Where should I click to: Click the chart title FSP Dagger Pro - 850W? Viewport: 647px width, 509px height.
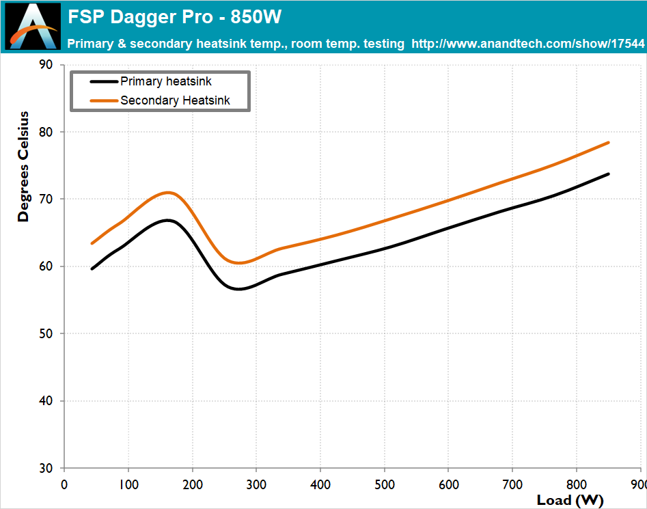[174, 16]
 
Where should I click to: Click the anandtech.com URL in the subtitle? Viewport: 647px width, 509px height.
[528, 44]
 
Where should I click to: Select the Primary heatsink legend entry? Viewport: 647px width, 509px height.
[166, 81]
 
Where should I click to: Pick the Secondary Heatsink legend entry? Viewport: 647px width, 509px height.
[175, 100]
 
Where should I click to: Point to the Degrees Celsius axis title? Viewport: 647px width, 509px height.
[24, 166]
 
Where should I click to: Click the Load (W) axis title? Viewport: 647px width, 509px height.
[570, 499]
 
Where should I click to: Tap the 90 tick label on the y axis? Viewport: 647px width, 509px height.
[46, 65]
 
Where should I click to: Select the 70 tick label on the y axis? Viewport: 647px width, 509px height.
[46, 200]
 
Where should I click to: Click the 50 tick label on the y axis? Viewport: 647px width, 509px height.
[46, 334]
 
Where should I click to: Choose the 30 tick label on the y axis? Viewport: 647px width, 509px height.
[46, 469]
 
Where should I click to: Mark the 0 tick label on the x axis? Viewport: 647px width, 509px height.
[64, 484]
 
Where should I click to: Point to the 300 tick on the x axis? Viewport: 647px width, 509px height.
[256, 484]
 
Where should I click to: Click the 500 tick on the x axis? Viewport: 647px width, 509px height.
[385, 484]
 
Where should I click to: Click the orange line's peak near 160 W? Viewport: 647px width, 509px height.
[167, 192]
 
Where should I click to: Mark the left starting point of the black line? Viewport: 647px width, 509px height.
[92, 269]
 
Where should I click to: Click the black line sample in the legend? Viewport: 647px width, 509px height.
[104, 81]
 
